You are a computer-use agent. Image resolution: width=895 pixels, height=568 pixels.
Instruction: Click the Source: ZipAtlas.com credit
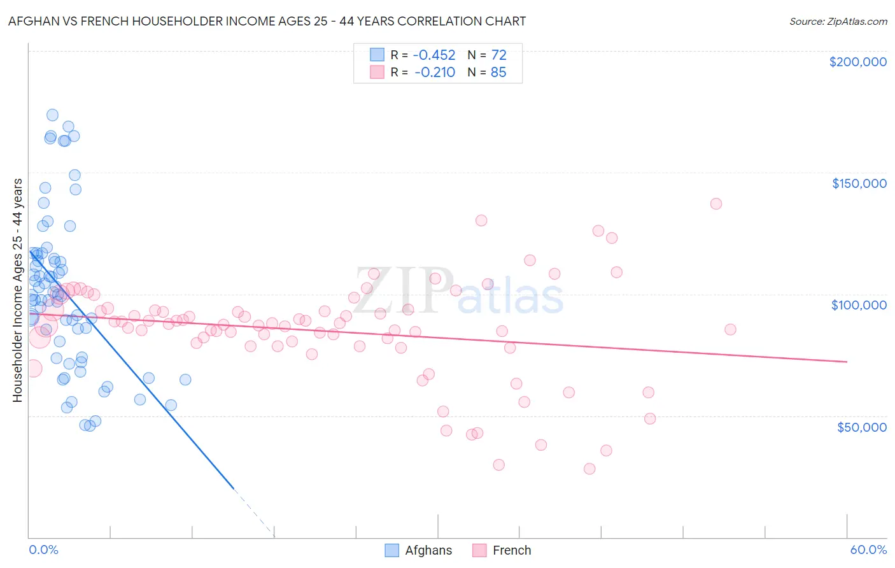coord(838,22)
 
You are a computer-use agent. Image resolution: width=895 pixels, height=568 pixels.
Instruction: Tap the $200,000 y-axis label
coord(857,62)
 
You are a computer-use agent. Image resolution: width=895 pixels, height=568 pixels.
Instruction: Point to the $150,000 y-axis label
coord(859,183)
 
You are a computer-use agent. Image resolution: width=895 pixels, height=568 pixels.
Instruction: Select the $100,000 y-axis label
coord(859,305)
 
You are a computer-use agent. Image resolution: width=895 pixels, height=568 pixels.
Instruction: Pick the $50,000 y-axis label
coord(861,427)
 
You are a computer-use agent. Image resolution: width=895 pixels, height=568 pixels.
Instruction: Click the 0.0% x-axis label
coord(43,550)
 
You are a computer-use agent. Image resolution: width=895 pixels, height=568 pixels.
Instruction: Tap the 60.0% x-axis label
coord(868,550)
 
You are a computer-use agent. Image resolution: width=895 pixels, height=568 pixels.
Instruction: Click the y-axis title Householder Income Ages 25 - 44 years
coord(17,290)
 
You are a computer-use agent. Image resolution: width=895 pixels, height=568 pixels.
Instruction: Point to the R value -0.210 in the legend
coord(435,73)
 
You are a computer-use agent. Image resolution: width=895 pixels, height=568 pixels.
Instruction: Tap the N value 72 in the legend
coord(498,55)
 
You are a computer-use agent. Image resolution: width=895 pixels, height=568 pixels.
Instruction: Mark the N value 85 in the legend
coord(498,73)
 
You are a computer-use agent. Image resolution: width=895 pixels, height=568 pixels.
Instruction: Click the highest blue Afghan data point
coord(52,115)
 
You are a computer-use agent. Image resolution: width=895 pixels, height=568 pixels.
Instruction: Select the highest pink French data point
coord(715,204)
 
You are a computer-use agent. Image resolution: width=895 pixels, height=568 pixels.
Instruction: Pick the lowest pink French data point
coord(589,469)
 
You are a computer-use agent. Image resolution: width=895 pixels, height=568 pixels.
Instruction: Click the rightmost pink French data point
coord(730,329)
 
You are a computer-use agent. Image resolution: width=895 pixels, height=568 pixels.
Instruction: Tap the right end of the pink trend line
coord(847,362)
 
